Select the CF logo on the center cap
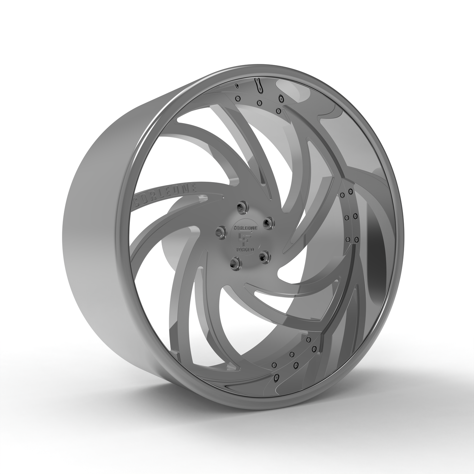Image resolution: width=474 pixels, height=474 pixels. (245, 238)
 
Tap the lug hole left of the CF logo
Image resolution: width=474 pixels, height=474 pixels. (219, 232)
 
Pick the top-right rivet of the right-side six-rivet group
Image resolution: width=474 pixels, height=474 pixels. (350, 191)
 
